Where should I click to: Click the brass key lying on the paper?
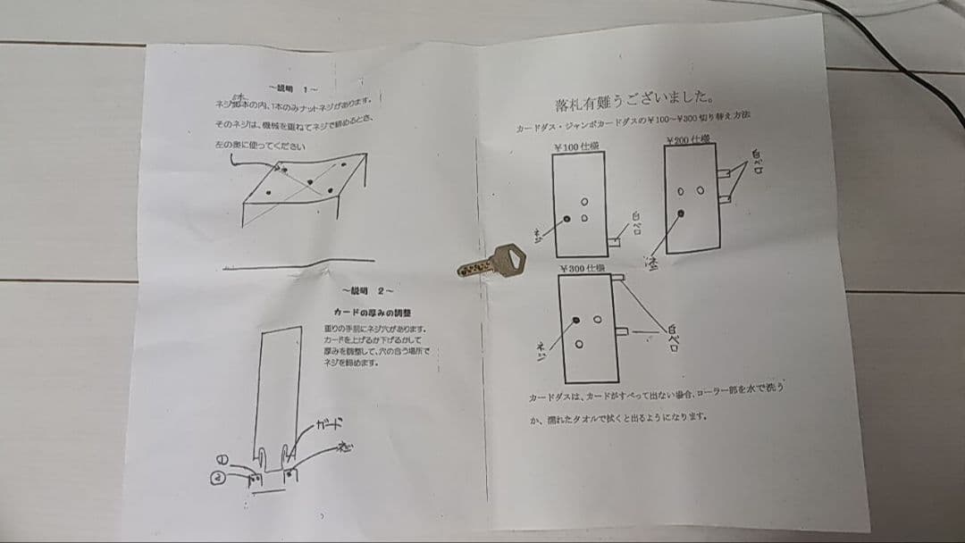point(494,262)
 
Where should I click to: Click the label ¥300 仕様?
point(582,268)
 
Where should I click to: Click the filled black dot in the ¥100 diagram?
point(567,218)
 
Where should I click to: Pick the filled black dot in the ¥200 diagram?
point(681,213)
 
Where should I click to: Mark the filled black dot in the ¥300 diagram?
point(578,319)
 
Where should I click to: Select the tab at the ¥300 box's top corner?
point(617,279)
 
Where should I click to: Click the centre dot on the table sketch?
point(309,182)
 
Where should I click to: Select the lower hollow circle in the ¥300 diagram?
point(580,344)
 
